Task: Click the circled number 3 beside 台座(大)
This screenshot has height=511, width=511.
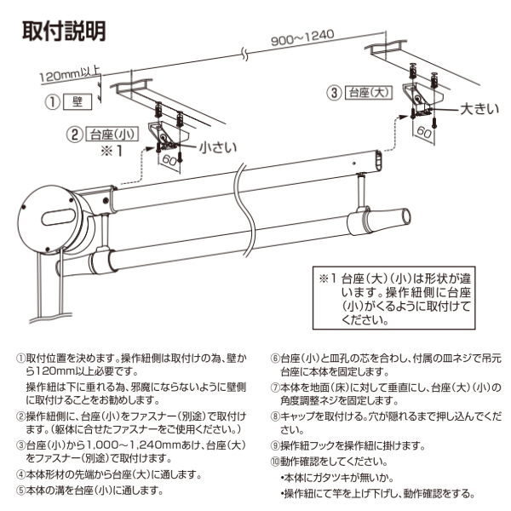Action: pos(336,91)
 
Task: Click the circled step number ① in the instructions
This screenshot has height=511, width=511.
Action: pos(20,359)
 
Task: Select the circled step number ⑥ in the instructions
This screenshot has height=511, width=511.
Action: pos(274,359)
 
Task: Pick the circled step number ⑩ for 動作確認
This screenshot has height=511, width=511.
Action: pos(274,462)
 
